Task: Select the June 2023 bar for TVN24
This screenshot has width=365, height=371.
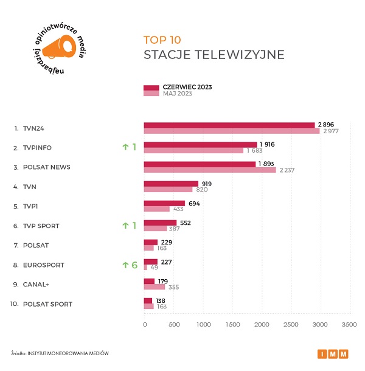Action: click(x=229, y=125)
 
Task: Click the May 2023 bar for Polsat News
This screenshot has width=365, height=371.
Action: click(x=209, y=170)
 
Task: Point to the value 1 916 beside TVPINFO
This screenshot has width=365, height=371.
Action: click(x=268, y=144)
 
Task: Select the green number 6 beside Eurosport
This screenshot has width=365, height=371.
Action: click(x=134, y=265)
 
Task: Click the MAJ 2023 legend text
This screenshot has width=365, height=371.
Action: click(x=177, y=94)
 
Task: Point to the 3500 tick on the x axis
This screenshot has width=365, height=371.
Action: click(x=349, y=325)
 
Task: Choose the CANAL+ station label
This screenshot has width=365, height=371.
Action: click(x=37, y=284)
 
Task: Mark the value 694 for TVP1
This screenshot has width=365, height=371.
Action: click(x=194, y=203)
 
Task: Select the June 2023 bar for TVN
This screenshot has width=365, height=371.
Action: click(x=171, y=184)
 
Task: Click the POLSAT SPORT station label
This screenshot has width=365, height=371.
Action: click(x=47, y=303)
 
